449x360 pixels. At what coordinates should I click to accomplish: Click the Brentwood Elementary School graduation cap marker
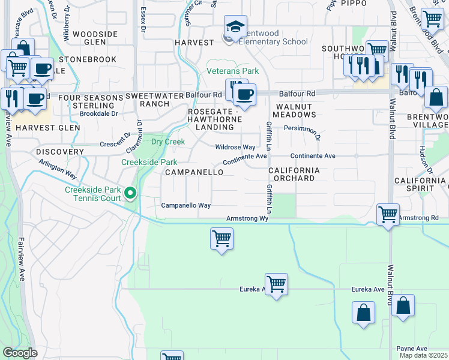[x=236, y=26]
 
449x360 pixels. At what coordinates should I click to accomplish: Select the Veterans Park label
[x=233, y=71]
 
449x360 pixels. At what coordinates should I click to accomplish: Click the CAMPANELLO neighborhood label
[x=194, y=172]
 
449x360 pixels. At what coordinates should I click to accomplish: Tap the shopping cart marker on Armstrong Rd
[x=388, y=214]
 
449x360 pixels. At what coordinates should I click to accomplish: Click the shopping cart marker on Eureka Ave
[x=276, y=283]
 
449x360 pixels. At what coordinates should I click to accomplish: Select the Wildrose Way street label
[x=235, y=147]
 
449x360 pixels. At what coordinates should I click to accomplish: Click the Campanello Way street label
[x=186, y=205]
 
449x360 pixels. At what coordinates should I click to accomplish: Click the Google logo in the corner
[x=20, y=353]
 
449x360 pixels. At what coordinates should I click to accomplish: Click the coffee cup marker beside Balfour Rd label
[x=244, y=94]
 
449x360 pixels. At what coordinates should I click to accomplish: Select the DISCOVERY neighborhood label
[x=59, y=152]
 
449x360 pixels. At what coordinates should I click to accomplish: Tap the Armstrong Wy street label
[x=247, y=219]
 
